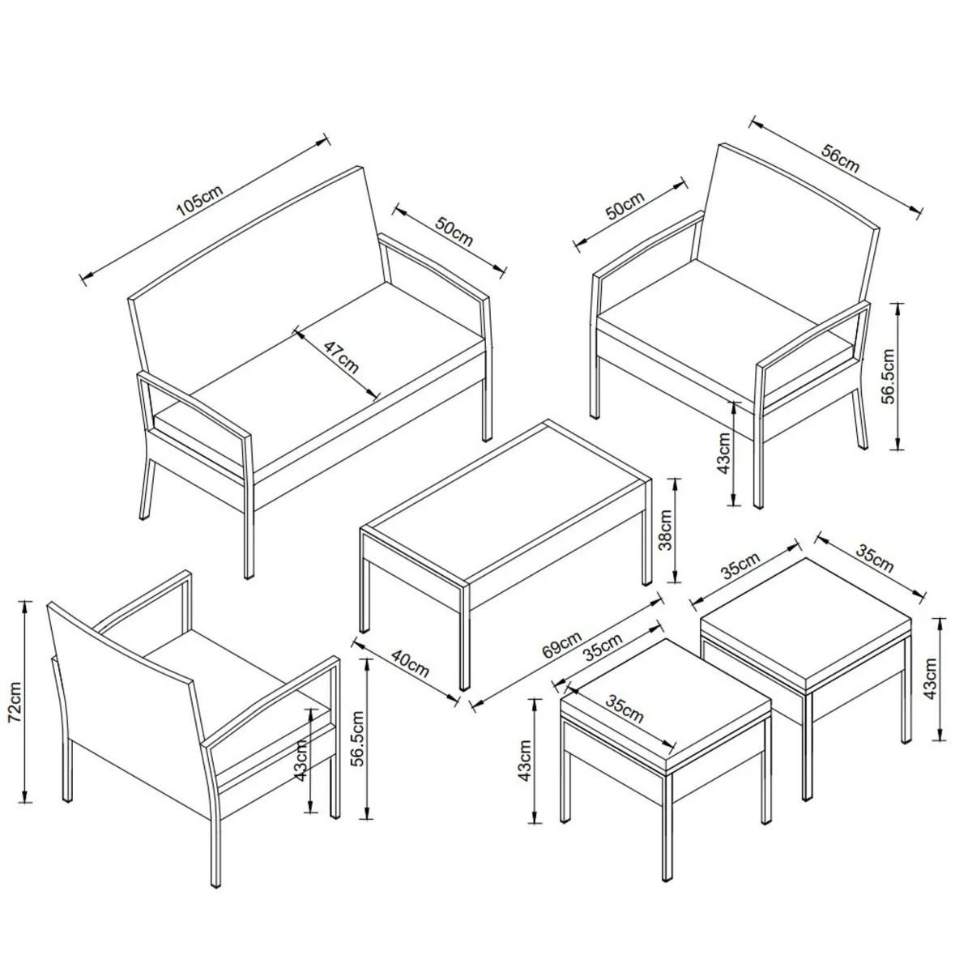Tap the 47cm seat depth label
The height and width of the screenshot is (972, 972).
click(x=340, y=356)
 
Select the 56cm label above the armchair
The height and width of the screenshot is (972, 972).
click(x=840, y=159)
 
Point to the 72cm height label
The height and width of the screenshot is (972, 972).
click(x=15, y=701)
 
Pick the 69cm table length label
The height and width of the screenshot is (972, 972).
click(x=561, y=645)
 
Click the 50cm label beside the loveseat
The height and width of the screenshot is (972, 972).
click(x=454, y=232)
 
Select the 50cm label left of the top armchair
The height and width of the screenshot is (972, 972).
click(x=625, y=206)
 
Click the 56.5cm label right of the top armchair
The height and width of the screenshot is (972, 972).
click(x=889, y=376)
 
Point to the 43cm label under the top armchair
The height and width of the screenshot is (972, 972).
click(x=723, y=453)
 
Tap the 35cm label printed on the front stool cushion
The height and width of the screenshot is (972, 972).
click(x=624, y=709)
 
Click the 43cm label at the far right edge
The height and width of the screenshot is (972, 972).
click(x=931, y=678)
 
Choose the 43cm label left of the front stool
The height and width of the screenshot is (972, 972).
click(x=525, y=761)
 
